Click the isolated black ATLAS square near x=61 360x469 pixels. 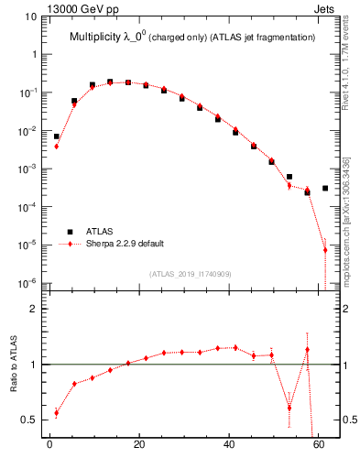pos(325,188)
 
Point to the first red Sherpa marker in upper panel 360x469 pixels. pos(56,146)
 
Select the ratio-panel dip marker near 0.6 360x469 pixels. pos(289,408)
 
